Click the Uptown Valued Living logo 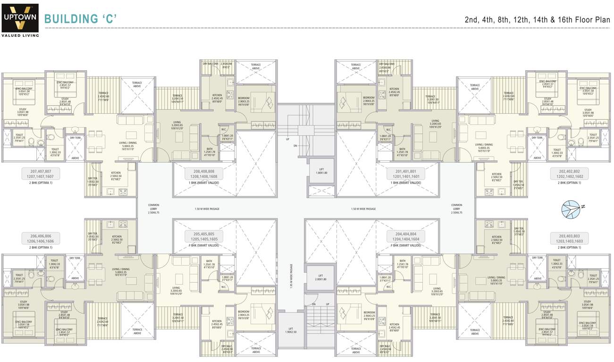20,20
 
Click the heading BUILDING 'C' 80,19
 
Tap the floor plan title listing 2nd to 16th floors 537,19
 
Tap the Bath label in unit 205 209,263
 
